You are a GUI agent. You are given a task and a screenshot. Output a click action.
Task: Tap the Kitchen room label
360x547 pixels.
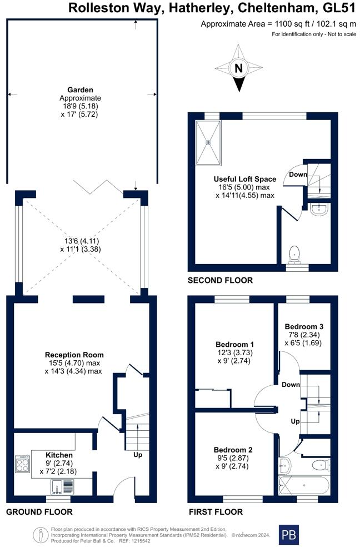[58, 455]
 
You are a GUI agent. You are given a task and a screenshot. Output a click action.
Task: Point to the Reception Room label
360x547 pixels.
[74, 355]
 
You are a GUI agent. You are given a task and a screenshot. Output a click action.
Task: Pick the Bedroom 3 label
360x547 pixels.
[304, 326]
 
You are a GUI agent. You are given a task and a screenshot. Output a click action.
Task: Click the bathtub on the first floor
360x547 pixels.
[304, 485]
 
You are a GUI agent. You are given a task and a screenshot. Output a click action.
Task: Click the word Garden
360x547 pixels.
[80, 89]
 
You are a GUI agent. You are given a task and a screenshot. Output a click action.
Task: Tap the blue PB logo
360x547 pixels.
[288, 535]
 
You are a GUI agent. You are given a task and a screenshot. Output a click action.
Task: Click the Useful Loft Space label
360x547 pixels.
[245, 179]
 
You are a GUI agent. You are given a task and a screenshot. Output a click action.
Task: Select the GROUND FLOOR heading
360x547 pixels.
[39, 512]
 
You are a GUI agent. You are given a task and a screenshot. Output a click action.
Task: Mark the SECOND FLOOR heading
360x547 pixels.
[220, 281]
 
